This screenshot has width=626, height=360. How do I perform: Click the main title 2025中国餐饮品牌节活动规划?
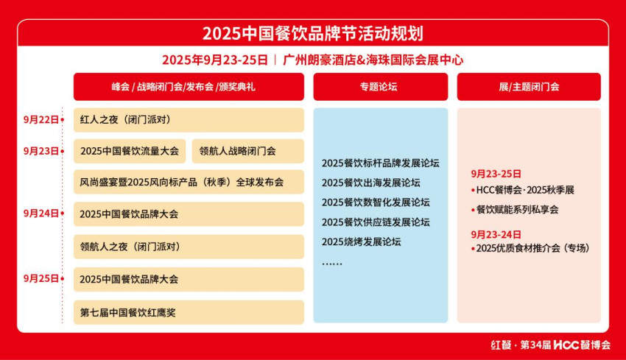point(312,34)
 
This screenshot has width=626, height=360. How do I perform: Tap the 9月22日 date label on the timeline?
point(41,120)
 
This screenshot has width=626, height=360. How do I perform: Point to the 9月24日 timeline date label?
point(41,213)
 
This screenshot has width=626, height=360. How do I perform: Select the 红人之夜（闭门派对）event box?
point(189,120)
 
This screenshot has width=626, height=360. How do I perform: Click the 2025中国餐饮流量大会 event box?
point(130,151)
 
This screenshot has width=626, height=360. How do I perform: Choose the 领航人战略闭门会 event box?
point(248,151)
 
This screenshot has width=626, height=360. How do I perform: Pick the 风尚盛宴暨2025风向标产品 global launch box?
point(189,182)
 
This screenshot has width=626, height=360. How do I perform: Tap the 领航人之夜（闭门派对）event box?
point(189,247)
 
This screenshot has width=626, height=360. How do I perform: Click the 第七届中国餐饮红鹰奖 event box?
point(189,312)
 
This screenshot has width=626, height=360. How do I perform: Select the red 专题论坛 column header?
point(381,87)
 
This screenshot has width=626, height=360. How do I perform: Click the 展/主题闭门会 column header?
point(529,87)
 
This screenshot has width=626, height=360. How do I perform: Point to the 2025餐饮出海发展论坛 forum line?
point(371,183)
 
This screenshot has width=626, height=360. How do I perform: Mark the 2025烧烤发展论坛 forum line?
point(362,242)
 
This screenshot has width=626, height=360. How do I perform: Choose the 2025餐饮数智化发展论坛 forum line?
point(376,202)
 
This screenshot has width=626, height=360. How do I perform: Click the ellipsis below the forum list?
point(332,264)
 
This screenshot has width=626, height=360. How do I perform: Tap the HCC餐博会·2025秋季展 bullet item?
point(523,190)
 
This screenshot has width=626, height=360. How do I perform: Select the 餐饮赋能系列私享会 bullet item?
point(515,210)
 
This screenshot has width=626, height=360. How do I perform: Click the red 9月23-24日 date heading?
point(496,235)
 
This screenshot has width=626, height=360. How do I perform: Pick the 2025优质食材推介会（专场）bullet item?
point(530,248)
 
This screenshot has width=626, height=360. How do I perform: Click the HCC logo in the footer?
point(566,345)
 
